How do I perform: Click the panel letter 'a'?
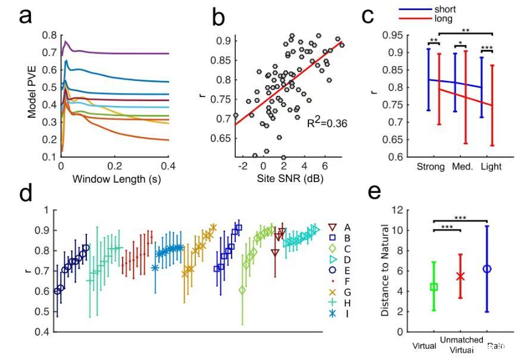click(25, 16)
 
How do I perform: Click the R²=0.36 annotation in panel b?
click(327, 124)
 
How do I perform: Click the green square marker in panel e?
click(434, 287)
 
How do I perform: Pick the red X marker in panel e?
click(460, 276)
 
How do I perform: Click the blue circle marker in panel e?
click(487, 269)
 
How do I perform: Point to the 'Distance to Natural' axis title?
click(384, 270)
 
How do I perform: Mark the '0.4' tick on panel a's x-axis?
click(169, 167)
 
